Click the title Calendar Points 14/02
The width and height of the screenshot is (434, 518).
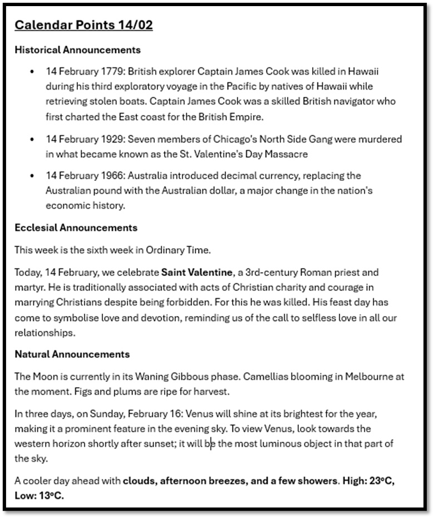[x=83, y=25]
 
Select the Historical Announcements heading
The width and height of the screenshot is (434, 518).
[x=77, y=50]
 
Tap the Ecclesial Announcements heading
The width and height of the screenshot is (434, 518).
[x=76, y=228]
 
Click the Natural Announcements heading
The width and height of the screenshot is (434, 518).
[x=72, y=354]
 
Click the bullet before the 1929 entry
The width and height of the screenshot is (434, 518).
[x=33, y=139]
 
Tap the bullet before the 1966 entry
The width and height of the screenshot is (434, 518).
[x=33, y=176]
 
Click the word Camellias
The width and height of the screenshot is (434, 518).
[x=231, y=377]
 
